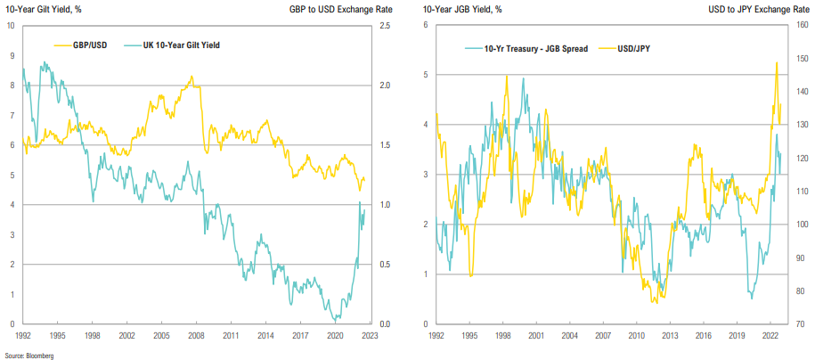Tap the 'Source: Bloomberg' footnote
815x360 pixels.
point(26,355)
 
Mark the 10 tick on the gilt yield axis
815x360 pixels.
point(10,25)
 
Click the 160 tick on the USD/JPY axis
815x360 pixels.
point(802,25)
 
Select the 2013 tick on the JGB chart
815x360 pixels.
point(671,337)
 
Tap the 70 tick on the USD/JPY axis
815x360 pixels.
point(799,324)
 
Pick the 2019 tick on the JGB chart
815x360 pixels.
point(737,337)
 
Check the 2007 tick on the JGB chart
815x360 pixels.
point(603,337)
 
